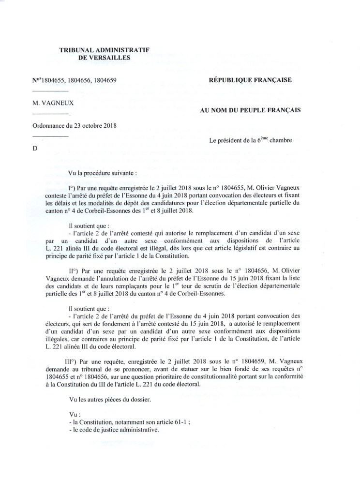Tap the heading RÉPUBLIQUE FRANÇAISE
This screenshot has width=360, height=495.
point(250,80)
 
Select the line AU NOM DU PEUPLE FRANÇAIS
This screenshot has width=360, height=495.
point(250,110)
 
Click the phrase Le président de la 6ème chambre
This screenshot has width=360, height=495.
point(250,141)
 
